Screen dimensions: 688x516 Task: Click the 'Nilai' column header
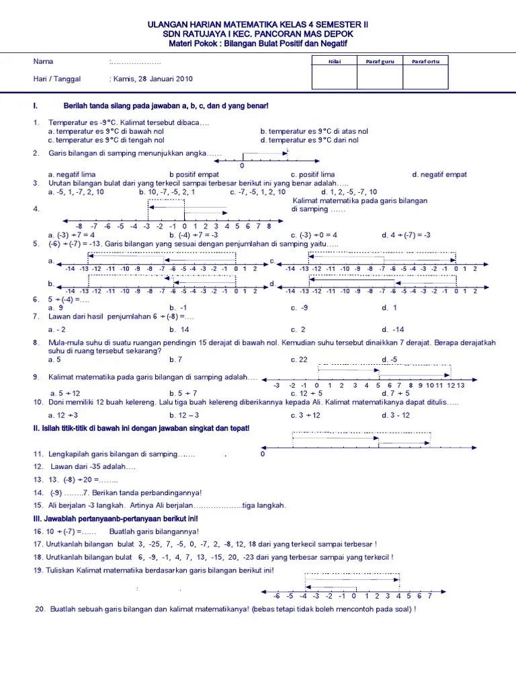[335, 62]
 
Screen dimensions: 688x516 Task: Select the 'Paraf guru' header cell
[380, 62]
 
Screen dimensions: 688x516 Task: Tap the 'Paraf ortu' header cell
[425, 62]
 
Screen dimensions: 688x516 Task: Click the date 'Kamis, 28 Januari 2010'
[153, 79]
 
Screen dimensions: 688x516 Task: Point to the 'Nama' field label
[43, 62]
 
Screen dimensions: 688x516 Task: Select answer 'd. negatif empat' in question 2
[439, 175]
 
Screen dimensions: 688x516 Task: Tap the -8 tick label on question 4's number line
[79, 226]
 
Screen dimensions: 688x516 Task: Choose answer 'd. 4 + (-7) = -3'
[406, 235]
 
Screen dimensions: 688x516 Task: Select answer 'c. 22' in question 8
[299, 359]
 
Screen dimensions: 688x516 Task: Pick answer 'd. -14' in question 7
[393, 329]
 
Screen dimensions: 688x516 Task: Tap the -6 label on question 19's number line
[277, 595]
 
